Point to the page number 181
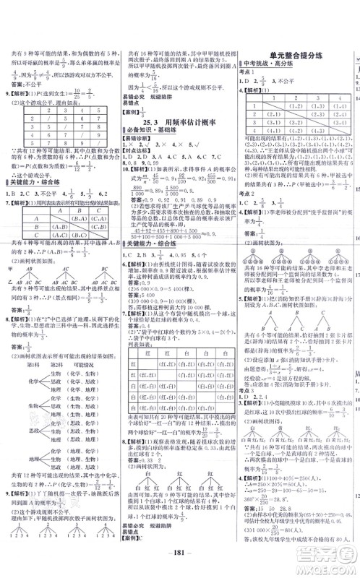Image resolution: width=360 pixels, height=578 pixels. point(180,564)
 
